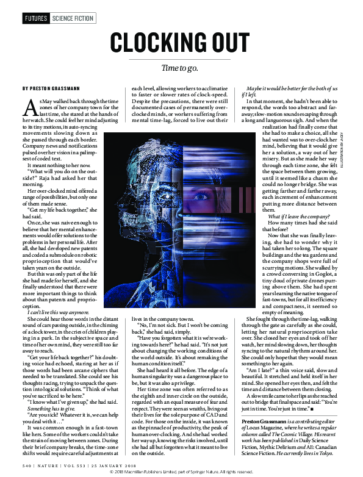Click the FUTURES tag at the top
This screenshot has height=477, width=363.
(x=35, y=18)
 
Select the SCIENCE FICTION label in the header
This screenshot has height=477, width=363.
(x=73, y=18)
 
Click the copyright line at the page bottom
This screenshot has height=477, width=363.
(x=181, y=472)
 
